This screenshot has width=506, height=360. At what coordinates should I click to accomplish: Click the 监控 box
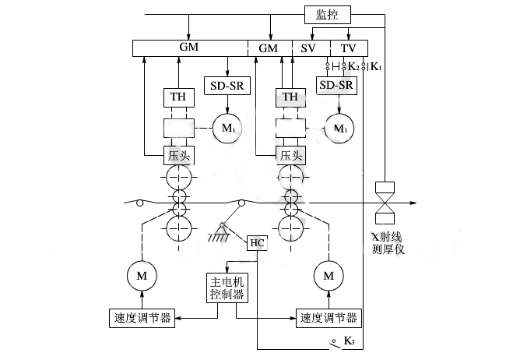coord(328,14)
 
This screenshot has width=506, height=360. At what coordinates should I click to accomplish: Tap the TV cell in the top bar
coord(348,48)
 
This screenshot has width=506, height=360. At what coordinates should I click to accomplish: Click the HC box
coord(257,243)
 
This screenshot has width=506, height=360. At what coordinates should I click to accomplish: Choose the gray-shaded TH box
coord(290,97)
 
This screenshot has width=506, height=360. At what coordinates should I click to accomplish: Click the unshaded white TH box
coord(176,97)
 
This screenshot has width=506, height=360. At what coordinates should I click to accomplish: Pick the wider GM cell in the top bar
coord(189,48)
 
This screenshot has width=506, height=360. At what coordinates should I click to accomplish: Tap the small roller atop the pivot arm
coord(242,204)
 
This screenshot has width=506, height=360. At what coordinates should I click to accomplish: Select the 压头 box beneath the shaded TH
coord(290,154)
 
